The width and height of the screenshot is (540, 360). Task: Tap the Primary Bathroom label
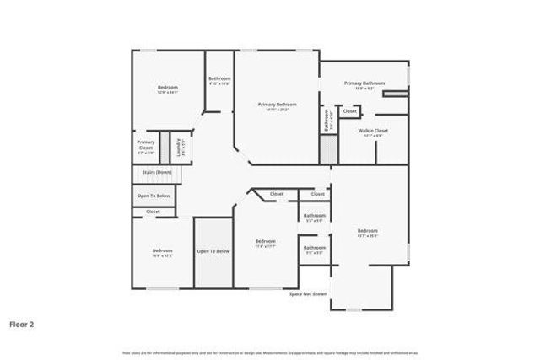pyautogui.click(x=364, y=83)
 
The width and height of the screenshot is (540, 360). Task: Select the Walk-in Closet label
pyautogui.click(x=372, y=131)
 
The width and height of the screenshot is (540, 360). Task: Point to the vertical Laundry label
pyautogui.click(x=178, y=147)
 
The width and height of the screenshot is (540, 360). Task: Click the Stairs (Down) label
pyautogui.click(x=157, y=172)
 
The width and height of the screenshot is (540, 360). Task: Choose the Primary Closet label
pyautogui.click(x=145, y=145)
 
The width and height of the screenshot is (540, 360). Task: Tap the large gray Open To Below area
pyautogui.click(x=213, y=253)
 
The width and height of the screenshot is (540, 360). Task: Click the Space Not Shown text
pyautogui.click(x=308, y=293)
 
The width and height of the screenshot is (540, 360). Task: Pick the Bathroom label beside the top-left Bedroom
pyautogui.click(x=219, y=79)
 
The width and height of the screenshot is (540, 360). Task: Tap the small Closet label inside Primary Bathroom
pyautogui.click(x=349, y=111)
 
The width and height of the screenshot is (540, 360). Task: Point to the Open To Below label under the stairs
pyautogui.click(x=154, y=196)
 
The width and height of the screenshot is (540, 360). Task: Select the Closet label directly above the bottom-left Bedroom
pyautogui.click(x=153, y=212)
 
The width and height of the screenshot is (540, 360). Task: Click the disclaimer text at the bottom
pyautogui.click(x=270, y=352)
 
